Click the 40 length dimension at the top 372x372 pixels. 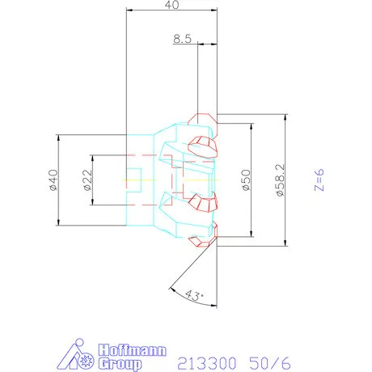[x=171, y=5]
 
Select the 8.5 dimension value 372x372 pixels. [x=182, y=39]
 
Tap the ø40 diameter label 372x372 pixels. [x=53, y=180]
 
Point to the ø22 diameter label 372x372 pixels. [x=88, y=180]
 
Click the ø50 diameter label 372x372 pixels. [x=247, y=180]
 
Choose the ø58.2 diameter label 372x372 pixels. [x=281, y=180]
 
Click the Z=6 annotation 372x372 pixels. [x=319, y=180]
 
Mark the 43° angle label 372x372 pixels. [x=194, y=296]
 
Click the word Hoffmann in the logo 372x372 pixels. [x=132, y=350]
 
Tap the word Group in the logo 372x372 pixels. [x=120, y=364]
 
